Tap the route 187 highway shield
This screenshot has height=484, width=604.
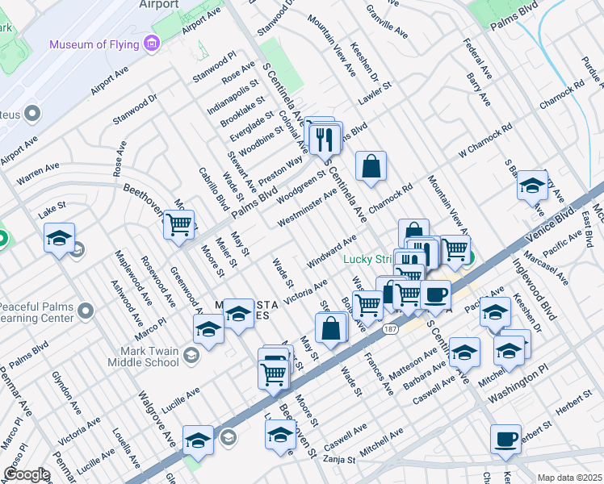pyautogui.click(x=391, y=330)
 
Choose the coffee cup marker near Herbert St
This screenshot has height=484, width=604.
pyautogui.click(x=505, y=440)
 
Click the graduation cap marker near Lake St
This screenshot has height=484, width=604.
pyautogui.click(x=60, y=239)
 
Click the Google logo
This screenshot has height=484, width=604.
pyautogui.click(x=27, y=474)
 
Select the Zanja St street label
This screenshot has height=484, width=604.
pyautogui.click(x=340, y=461)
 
